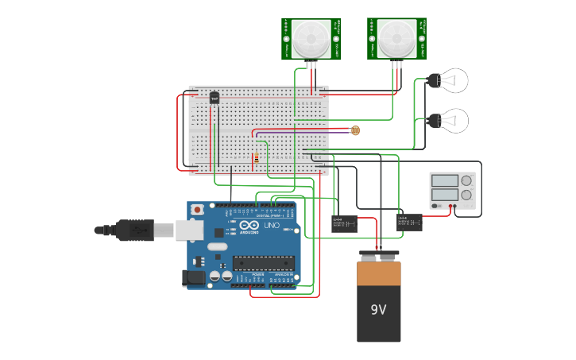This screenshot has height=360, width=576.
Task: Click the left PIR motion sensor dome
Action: pyautogui.click(x=310, y=39)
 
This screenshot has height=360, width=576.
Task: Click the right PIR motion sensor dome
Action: pyautogui.click(x=395, y=37)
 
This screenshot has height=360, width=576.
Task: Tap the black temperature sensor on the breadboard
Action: pyautogui.click(x=213, y=98)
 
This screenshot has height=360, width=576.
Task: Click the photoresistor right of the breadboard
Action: pyautogui.click(x=355, y=130)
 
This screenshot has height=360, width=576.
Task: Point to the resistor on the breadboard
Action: pyautogui.click(x=256, y=159)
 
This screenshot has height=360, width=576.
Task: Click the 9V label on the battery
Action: pyautogui.click(x=378, y=309)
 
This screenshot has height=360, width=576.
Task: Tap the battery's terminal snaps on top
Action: pyautogui.click(x=378, y=256)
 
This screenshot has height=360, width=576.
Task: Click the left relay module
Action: pyautogui.click(x=343, y=223)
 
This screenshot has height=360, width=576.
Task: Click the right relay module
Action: pyautogui.click(x=409, y=222)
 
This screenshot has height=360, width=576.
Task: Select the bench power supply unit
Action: pyautogui.click(x=452, y=191)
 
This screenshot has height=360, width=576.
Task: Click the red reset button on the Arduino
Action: pyautogui.click(x=197, y=210)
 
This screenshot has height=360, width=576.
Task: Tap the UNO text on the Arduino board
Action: pyautogui.click(x=272, y=226)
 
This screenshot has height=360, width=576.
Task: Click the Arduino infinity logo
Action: pyautogui.click(x=249, y=226)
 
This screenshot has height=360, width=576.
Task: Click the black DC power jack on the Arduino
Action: pyautogui.click(x=193, y=277)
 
